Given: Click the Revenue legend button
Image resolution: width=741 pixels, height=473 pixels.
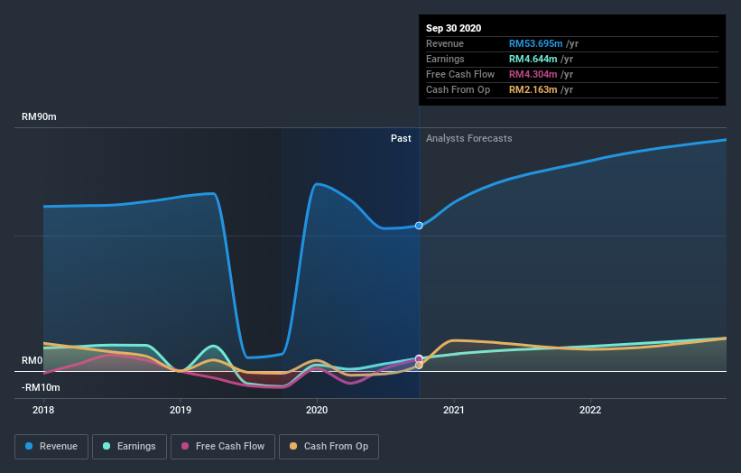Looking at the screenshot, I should coord(52,446).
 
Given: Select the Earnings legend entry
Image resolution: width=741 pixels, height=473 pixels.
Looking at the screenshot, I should coord(129,446).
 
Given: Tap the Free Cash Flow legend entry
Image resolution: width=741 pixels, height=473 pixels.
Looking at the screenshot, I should coord(223,446).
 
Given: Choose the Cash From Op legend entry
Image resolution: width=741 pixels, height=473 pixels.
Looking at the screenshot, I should coord(329,446).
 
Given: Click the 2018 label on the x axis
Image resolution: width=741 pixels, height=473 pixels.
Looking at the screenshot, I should coord(43,409).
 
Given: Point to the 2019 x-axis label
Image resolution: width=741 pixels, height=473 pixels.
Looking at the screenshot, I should coord(181,409).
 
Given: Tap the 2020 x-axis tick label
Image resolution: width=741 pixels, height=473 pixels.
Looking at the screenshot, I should coord(317,409).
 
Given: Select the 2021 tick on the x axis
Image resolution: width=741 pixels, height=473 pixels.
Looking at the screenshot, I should coord(454,409).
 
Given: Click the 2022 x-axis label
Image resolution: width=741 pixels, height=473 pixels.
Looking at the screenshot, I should coord(590,409).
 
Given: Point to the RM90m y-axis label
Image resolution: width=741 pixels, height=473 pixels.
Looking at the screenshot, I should coord(41,117).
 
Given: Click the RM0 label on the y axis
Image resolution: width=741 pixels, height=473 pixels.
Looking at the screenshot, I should coord(32,360).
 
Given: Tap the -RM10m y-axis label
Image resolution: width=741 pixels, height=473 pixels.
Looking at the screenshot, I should coord(41,387).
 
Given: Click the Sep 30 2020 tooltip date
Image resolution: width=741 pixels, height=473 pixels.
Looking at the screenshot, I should coord(454,28).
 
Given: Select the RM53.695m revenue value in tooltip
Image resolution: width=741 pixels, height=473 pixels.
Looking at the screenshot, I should coord(535,43).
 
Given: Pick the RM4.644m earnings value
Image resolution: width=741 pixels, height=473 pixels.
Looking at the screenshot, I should coord(533,59).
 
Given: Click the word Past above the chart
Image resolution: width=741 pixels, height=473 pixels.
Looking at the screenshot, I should coord(401,138).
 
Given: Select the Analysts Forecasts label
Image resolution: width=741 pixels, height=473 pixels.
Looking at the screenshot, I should coord(468,138).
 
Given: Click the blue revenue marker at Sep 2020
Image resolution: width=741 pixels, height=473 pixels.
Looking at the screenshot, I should coord(419,225).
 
